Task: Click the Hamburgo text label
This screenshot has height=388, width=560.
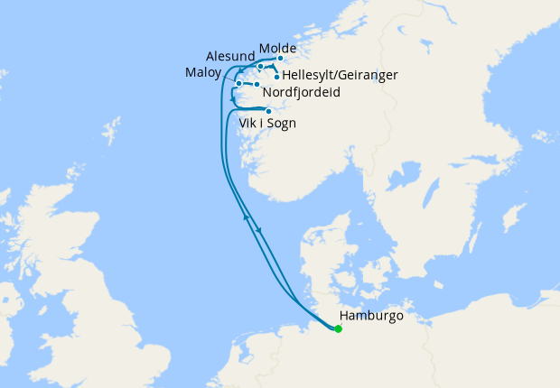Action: pos(371,317)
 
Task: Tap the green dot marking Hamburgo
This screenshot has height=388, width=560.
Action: pos(339,329)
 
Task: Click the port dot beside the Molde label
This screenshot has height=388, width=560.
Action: pos(281,60)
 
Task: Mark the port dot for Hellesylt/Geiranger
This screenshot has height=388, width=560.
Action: pos(276,77)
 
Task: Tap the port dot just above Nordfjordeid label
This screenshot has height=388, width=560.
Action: pos(257,84)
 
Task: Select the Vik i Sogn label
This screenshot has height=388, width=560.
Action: pos(267,123)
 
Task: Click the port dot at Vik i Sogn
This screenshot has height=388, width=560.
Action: pos(268,111)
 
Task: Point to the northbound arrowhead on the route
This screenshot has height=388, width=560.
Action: pos(245,217)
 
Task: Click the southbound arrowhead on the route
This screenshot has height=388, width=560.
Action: pos(260,230)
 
